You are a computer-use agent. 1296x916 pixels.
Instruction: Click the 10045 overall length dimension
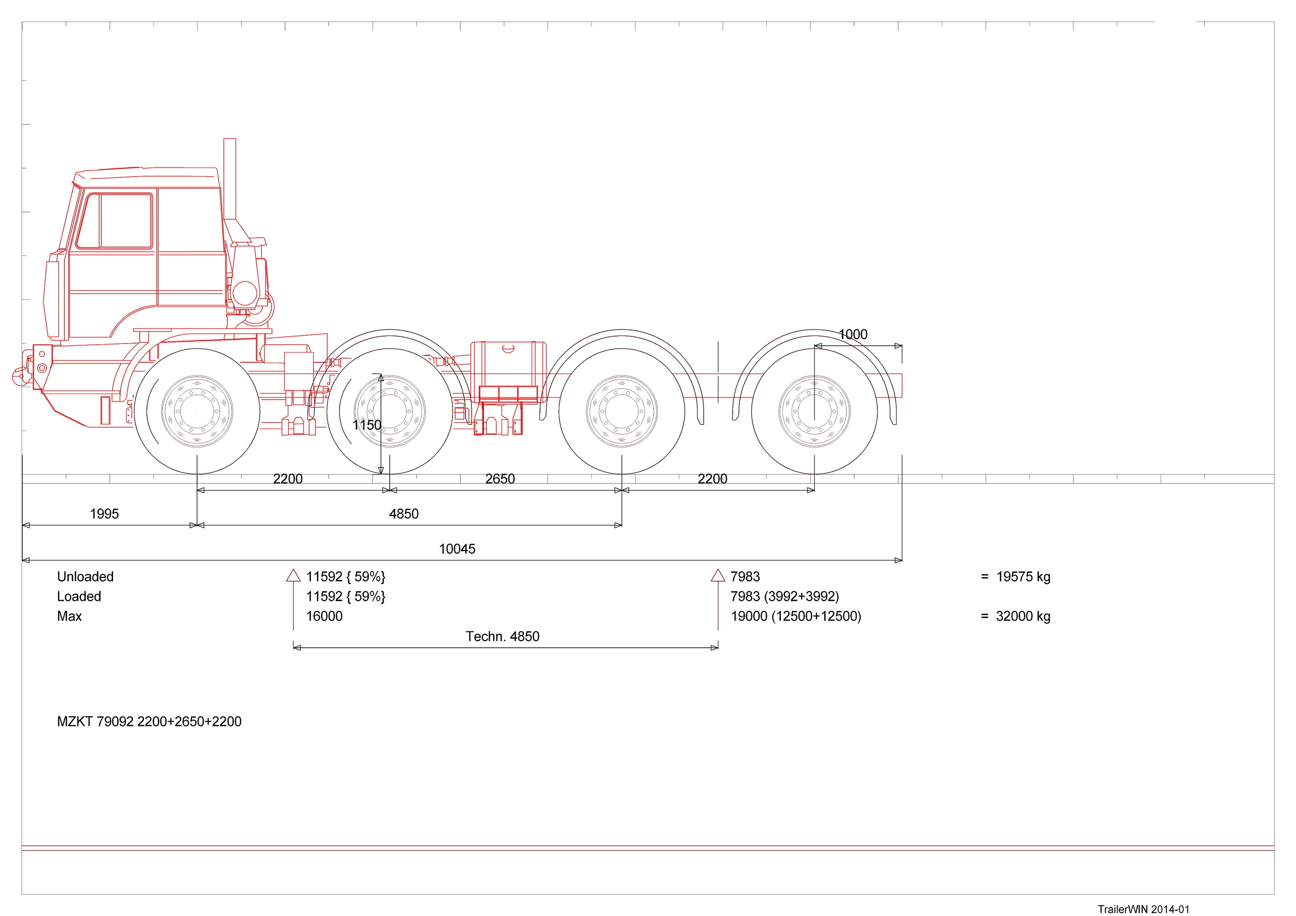click(457, 549)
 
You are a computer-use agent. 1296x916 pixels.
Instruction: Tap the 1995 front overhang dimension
click(104, 513)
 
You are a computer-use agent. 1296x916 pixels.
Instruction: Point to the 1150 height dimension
click(367, 425)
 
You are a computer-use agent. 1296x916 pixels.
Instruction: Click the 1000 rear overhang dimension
click(852, 334)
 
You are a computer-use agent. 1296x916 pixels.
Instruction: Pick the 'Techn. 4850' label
click(502, 636)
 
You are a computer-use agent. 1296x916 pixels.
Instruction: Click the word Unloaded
click(85, 576)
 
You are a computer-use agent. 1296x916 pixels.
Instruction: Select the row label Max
click(69, 616)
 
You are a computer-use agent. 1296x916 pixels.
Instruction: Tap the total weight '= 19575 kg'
click(1016, 576)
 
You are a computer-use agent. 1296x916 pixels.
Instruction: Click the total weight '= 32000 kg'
click(1016, 616)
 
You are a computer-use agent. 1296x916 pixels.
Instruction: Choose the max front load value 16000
click(324, 616)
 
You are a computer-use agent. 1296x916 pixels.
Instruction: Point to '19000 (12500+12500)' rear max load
click(796, 616)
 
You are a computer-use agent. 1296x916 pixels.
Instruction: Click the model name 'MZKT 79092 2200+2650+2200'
click(149, 721)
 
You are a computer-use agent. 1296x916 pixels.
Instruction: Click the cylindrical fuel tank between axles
click(508, 364)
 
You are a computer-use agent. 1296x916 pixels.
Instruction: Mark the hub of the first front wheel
click(197, 411)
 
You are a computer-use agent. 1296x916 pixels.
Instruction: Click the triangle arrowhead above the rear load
click(717, 576)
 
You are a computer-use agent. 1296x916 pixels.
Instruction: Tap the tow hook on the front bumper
click(19, 374)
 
